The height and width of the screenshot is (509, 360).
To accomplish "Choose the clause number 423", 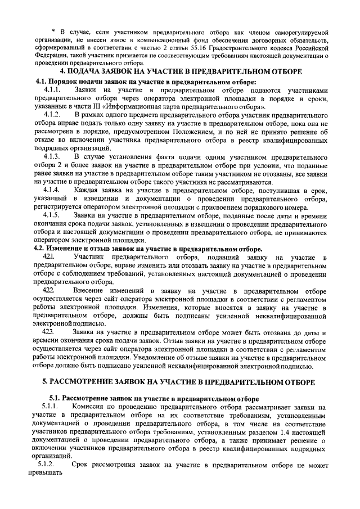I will click(49, 332).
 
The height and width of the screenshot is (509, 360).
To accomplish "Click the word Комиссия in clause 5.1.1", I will click(92, 407).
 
